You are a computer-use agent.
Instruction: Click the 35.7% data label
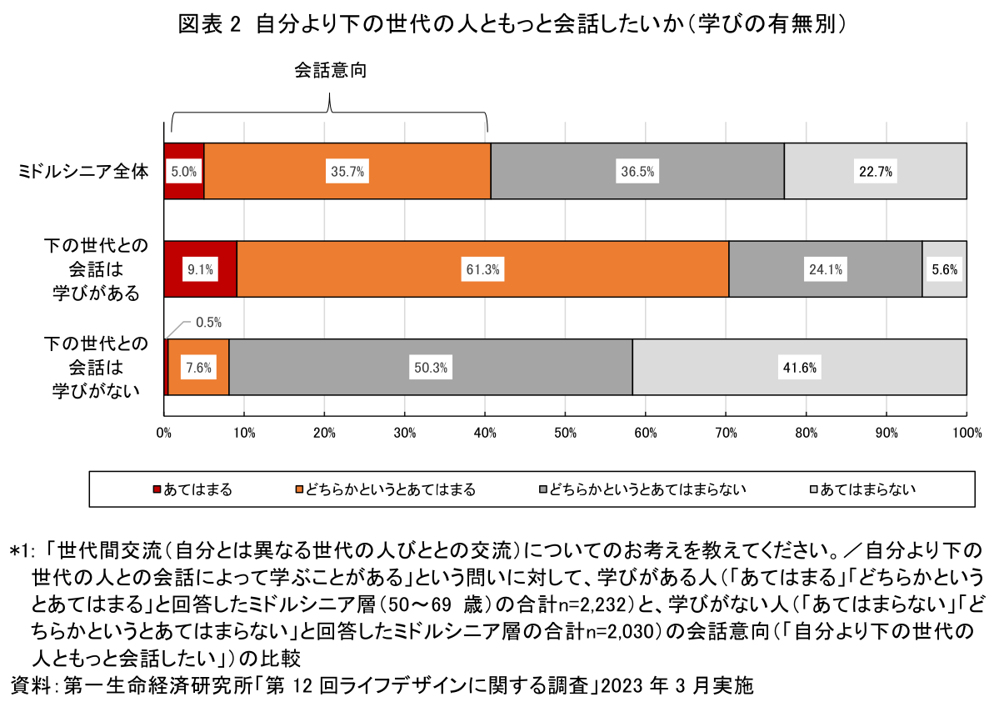tap(347, 172)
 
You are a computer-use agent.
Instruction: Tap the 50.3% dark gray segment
tap(430, 368)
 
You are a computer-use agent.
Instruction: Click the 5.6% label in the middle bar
tap(944, 269)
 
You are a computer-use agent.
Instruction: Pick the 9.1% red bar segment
tap(201, 269)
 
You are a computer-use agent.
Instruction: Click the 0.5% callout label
tap(208, 322)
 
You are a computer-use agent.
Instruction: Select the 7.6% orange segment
tap(199, 368)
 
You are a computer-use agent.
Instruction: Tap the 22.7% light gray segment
tap(875, 172)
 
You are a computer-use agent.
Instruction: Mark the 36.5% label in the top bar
tap(637, 172)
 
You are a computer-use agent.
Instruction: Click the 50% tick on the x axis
tap(565, 432)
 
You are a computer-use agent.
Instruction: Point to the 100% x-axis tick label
tap(965, 432)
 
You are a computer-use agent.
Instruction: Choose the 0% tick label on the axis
tap(164, 432)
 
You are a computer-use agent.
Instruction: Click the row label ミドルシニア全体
tap(83, 172)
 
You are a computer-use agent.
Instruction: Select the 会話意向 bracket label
tap(330, 72)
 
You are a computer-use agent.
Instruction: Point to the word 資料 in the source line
tap(32, 686)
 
